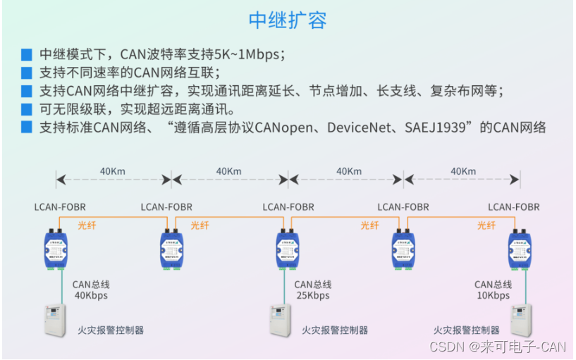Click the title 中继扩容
[288, 20]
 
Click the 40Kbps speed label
[91, 296]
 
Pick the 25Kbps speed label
[312, 296]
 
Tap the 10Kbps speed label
[492, 296]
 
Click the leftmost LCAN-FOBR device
[55, 247]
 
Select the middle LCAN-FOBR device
[288, 247]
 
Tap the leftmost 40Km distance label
[113, 171]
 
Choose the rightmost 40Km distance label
[462, 171]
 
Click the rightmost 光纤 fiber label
[486, 225]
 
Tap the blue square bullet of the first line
[27, 54]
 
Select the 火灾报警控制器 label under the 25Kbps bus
[335, 330]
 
